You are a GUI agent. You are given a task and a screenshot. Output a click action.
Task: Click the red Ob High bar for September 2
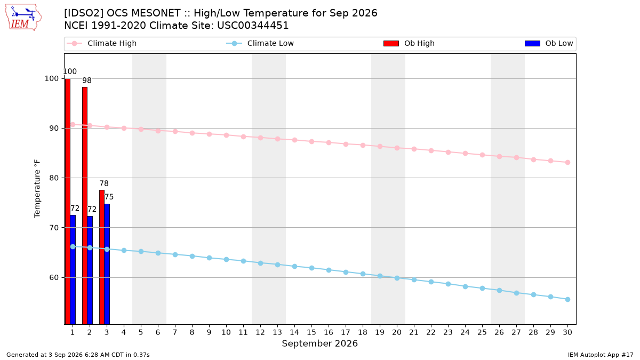[85, 206]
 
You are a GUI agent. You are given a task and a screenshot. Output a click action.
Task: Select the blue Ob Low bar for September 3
[107, 265]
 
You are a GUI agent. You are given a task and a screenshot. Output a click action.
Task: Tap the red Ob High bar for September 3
[102, 257]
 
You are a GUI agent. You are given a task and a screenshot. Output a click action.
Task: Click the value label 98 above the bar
[87, 81]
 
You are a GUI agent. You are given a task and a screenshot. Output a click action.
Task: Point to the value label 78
[104, 183]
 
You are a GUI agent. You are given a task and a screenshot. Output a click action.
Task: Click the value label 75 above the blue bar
[109, 197]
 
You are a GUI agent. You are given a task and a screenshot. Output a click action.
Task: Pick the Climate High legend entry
[102, 43]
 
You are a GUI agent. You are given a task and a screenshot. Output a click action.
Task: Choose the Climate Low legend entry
[260, 43]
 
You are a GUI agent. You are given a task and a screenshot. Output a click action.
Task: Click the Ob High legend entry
[409, 43]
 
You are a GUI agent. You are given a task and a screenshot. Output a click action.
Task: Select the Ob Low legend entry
[549, 43]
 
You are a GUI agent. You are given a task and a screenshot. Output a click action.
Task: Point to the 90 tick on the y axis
[54, 129]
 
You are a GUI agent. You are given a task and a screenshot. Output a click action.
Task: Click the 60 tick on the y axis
[54, 277]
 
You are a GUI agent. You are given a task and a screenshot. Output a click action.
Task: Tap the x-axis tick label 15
[311, 332]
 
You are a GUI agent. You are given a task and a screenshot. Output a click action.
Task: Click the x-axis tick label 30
[567, 332]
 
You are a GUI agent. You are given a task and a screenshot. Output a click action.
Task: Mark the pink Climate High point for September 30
[567, 163]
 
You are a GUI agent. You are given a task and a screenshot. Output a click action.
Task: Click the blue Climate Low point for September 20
[397, 278]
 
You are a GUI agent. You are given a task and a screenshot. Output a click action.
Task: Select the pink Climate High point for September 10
[226, 135]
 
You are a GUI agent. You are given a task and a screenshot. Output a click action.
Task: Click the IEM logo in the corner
[23, 18]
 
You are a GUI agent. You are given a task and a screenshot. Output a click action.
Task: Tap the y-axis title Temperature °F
[37, 189]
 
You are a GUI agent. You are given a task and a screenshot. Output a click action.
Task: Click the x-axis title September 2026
[319, 343]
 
